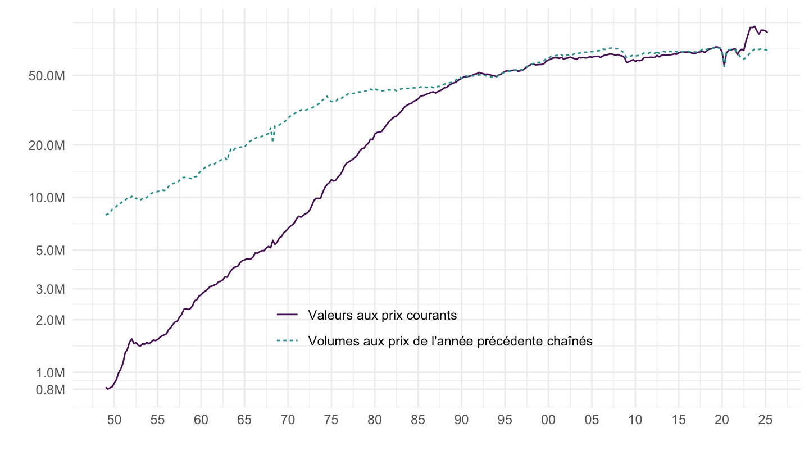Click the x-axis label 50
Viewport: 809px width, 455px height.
point(114,420)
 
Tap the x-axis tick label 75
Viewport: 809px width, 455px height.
point(331,420)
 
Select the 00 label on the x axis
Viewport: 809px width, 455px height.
point(548,420)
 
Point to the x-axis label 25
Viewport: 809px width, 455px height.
point(765,420)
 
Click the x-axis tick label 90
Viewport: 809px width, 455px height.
point(462,420)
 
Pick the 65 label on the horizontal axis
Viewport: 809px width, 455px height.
point(244,420)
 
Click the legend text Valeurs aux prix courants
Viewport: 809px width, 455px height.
point(382,315)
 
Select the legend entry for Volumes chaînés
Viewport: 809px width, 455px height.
point(450,340)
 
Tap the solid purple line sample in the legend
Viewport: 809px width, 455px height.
point(288,315)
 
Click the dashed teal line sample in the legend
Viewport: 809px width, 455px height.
point(288,340)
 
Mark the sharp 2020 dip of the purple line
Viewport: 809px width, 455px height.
point(724,65)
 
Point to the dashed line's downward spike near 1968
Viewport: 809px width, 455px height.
point(273,140)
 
